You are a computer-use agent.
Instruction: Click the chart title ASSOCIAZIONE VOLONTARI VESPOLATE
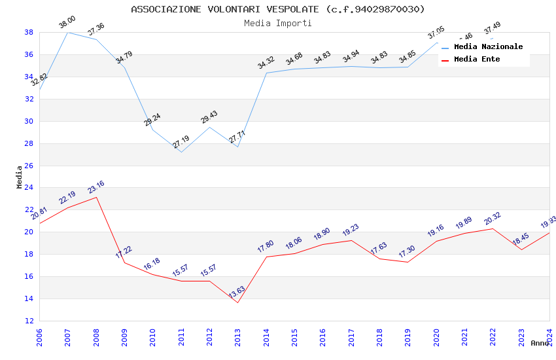(278, 9)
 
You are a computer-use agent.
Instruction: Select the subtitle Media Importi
(278, 23)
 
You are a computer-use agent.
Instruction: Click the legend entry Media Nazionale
(488, 46)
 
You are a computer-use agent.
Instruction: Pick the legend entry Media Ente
(477, 59)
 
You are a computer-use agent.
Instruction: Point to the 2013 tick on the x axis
(237, 338)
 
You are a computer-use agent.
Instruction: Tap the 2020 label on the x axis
(436, 338)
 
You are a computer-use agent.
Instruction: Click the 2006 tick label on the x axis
(39, 338)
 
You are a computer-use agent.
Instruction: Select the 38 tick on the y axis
(29, 32)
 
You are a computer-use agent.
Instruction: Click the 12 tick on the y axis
(29, 321)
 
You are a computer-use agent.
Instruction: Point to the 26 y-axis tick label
(29, 166)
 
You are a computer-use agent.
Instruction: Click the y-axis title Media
(20, 177)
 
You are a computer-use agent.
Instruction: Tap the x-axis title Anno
(540, 343)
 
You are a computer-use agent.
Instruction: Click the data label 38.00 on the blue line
(67, 23)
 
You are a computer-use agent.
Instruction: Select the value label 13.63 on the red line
(237, 292)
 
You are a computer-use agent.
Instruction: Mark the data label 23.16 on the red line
(96, 188)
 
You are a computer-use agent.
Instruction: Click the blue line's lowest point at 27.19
(181, 152)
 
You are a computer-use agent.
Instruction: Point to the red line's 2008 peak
(96, 197)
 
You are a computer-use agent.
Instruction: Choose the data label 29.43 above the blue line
(209, 117)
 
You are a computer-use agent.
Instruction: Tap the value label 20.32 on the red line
(492, 219)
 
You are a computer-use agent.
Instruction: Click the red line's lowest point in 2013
(237, 302)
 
